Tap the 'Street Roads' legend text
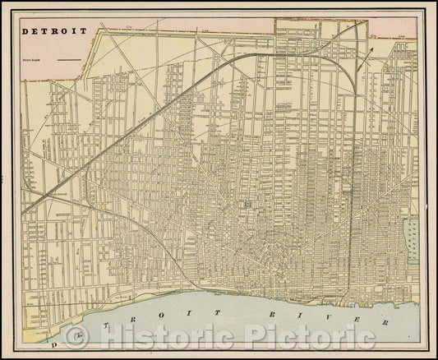(x=33, y=59)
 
